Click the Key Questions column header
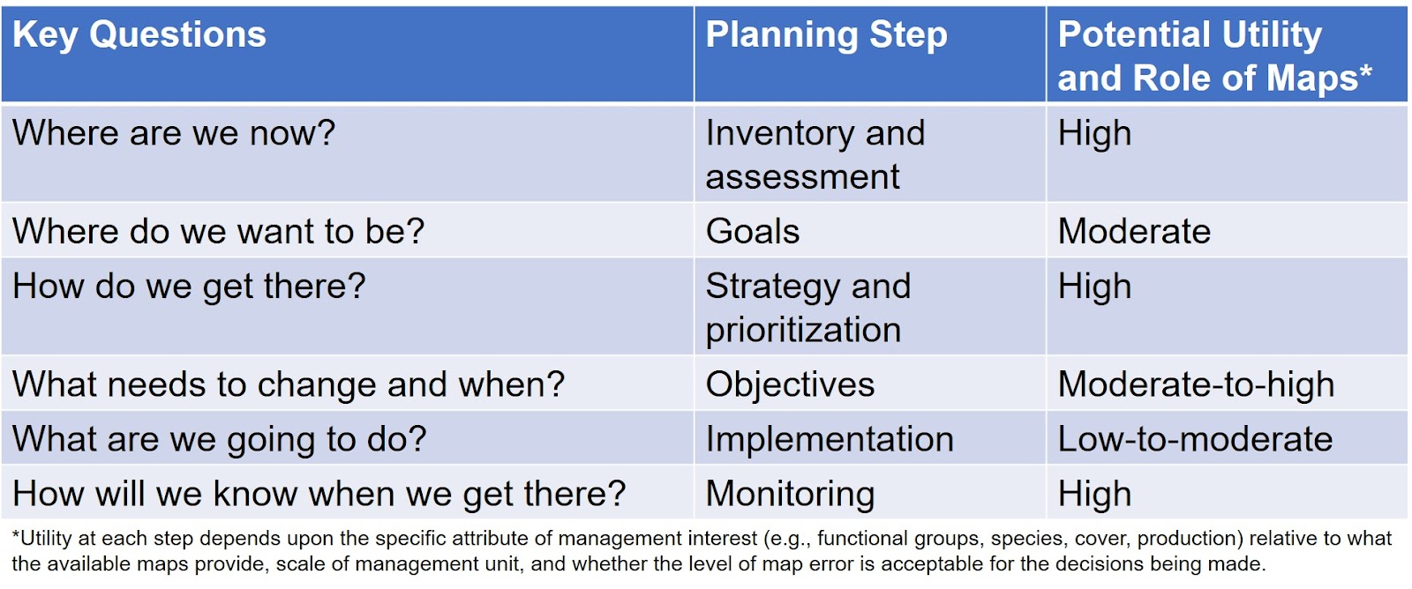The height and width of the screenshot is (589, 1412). click(x=139, y=34)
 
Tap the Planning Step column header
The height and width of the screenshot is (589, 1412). click(x=826, y=34)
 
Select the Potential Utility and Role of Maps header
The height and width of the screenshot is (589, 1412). click(x=1214, y=56)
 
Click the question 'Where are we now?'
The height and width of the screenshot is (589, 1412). click(x=174, y=133)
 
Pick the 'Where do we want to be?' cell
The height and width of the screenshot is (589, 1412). click(x=218, y=231)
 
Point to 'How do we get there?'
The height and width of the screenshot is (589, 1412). click(x=189, y=286)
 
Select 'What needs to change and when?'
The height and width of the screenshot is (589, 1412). click(x=289, y=384)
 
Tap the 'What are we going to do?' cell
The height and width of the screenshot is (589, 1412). click(x=220, y=439)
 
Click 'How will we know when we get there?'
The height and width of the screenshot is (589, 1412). click(x=319, y=493)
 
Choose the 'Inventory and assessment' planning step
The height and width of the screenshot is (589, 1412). click(x=815, y=155)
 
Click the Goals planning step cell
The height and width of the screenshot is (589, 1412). click(x=753, y=231)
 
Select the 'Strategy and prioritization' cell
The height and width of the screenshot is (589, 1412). click(x=808, y=309)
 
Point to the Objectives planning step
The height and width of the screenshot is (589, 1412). click(x=790, y=385)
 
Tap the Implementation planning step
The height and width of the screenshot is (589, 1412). click(x=830, y=439)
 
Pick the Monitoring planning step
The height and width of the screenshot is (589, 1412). click(x=791, y=494)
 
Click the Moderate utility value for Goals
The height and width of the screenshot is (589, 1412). click(x=1134, y=231)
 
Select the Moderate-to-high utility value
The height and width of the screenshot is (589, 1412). click(x=1196, y=385)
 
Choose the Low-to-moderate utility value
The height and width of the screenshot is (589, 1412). click(x=1195, y=439)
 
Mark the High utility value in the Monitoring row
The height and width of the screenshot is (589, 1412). click(x=1094, y=494)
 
